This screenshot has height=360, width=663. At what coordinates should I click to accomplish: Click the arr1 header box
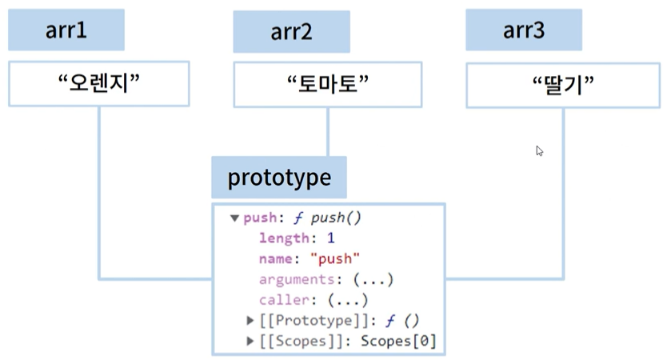pos(66,30)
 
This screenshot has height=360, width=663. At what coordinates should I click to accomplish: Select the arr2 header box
pos(291,32)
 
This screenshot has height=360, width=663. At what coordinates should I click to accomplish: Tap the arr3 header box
pos(524,30)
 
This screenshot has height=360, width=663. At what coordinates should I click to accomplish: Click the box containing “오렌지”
pos(99,83)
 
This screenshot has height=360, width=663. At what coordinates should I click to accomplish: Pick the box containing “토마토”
pos(328,84)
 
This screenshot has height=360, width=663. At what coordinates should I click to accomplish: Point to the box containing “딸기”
pos(563,85)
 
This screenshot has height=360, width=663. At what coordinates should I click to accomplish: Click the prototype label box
pos(279,178)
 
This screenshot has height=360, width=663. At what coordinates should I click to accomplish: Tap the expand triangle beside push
pos(234,218)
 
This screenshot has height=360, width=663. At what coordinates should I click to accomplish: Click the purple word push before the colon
pos(260,218)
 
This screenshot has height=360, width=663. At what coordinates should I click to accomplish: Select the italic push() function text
pos(336,218)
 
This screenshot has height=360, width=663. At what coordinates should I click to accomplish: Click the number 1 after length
pos(330,238)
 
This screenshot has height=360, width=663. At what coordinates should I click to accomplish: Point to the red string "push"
pos(335,259)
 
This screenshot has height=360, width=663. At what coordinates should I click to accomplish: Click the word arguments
pos(297,279)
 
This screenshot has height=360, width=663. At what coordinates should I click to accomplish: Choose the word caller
pos(284,300)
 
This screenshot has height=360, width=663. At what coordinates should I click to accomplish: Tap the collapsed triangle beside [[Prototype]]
pos(250,321)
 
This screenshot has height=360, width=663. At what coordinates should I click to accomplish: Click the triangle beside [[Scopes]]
pos(250,341)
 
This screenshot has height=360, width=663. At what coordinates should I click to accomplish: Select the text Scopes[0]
pos(398,341)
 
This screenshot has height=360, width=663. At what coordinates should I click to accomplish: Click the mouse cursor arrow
pos(540,151)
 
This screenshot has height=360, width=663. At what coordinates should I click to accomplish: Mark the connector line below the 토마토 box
pos(328,131)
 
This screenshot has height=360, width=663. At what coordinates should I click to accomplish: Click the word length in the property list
pos(284,238)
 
